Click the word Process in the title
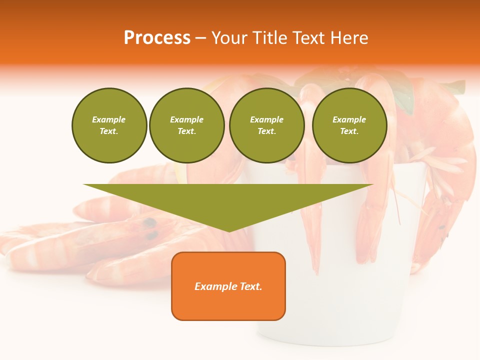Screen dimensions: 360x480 157,38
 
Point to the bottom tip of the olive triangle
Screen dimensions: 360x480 229,231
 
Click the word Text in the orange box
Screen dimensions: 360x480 251,286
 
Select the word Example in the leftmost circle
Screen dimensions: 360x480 109,119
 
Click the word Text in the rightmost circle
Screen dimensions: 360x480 349,131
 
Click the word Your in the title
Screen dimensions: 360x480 228,38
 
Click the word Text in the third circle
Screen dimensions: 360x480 266,131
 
